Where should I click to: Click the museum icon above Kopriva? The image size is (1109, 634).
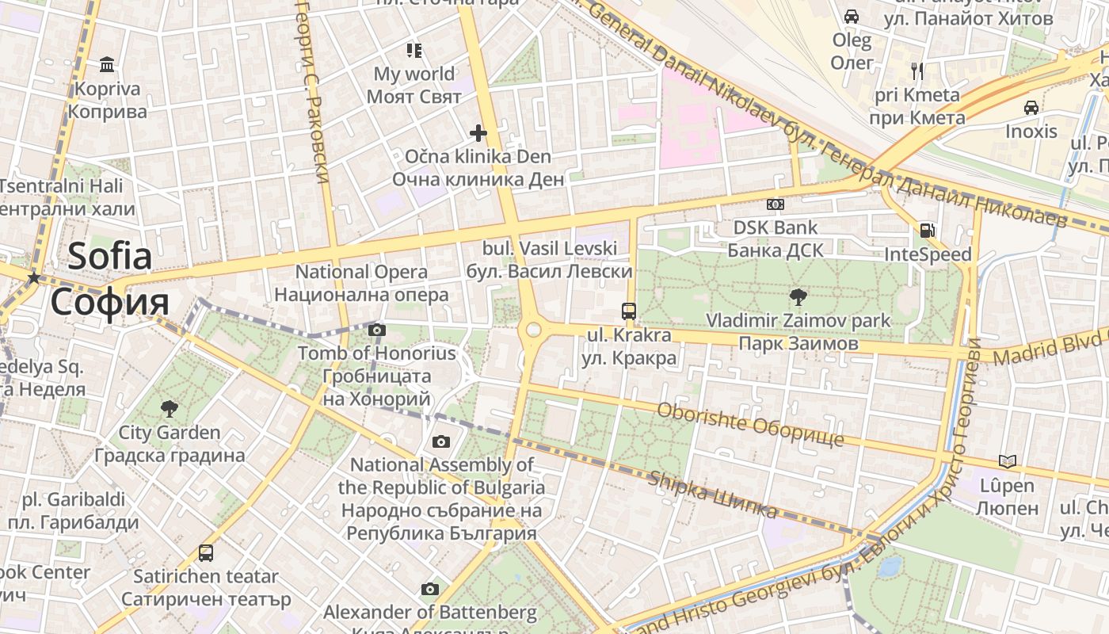pyautogui.click(x=107, y=64)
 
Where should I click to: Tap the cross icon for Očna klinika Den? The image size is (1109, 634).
pyautogui.click(x=478, y=132)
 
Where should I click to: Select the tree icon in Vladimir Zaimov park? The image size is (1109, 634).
pyautogui.click(x=798, y=297)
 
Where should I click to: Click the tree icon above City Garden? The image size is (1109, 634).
pyautogui.click(x=169, y=409)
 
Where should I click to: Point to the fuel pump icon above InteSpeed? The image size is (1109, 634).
pyautogui.click(x=926, y=231)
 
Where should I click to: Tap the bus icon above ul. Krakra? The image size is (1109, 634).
pyautogui.click(x=629, y=311)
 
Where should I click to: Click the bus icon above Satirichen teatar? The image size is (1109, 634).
pyautogui.click(x=206, y=552)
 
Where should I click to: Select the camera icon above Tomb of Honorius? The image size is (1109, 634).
pyautogui.click(x=377, y=330)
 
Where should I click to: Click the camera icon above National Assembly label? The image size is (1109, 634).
pyautogui.click(x=441, y=441)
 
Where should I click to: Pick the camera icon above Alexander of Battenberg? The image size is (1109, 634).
pyautogui.click(x=429, y=589)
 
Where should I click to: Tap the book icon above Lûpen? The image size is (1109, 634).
pyautogui.click(x=1007, y=461)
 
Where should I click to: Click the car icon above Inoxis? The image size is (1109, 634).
pyautogui.click(x=1031, y=107)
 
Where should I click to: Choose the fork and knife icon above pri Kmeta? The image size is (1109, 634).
pyautogui.click(x=917, y=71)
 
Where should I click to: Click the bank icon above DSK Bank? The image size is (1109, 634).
pyautogui.click(x=776, y=204)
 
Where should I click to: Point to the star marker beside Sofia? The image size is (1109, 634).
pyautogui.click(x=33, y=277)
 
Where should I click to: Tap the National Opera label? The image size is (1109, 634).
pyautogui.click(x=361, y=283)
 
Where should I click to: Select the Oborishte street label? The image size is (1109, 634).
pyautogui.click(x=750, y=424)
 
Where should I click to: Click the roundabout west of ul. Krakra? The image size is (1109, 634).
pyautogui.click(x=533, y=329)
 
